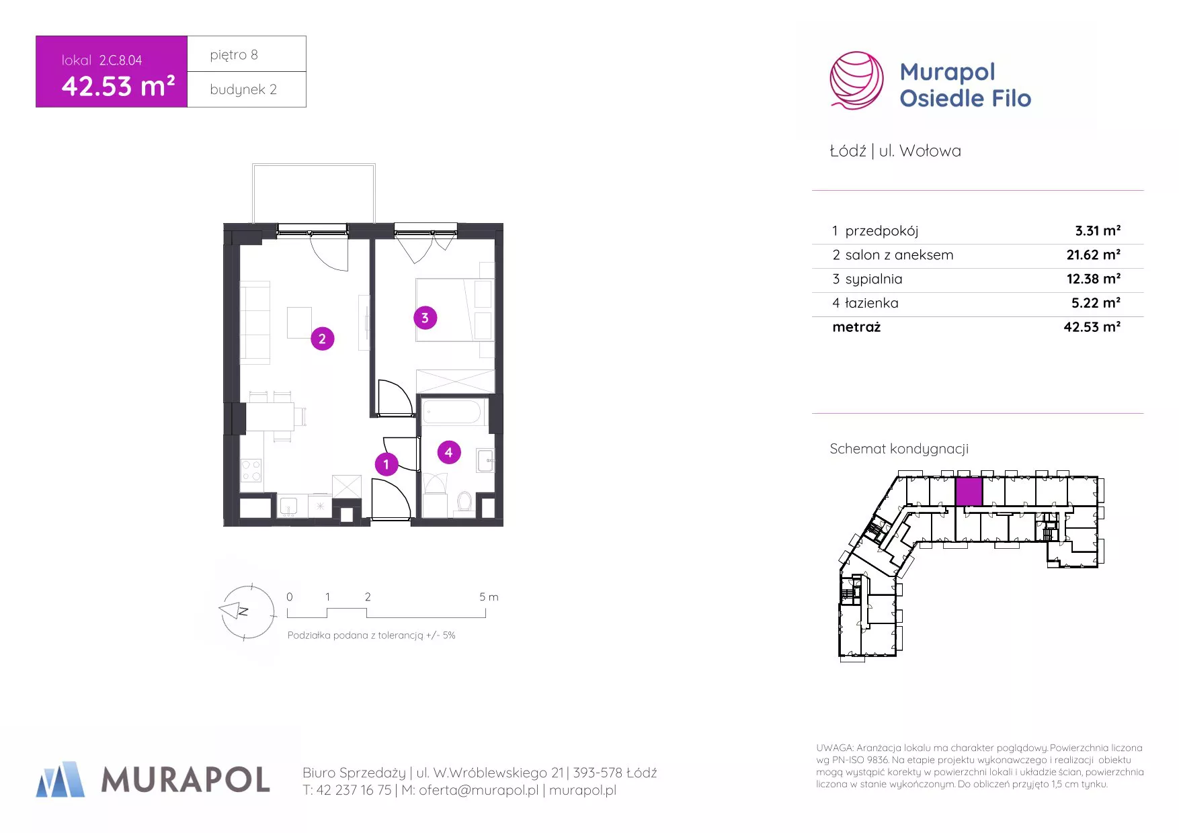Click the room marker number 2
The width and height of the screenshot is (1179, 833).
323,339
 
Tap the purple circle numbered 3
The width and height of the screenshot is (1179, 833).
425,318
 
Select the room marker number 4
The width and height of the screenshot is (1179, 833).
449,452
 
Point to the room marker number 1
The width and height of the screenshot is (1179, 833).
387,464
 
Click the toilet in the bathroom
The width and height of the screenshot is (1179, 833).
464,502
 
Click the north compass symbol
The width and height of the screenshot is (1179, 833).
247,611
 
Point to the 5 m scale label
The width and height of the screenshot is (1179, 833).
489,597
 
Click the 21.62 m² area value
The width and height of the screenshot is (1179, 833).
1094,255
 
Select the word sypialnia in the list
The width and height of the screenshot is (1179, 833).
874,279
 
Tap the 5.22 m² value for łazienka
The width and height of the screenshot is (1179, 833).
1096,303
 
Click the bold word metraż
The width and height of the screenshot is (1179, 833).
856,327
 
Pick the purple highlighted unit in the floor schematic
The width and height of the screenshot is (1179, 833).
969,491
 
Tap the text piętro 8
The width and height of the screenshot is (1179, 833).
234,55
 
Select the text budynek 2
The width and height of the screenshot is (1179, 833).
243,90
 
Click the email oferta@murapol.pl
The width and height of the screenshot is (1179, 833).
479,791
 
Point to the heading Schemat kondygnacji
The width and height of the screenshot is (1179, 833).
899,449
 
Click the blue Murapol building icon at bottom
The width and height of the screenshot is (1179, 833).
60,779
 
